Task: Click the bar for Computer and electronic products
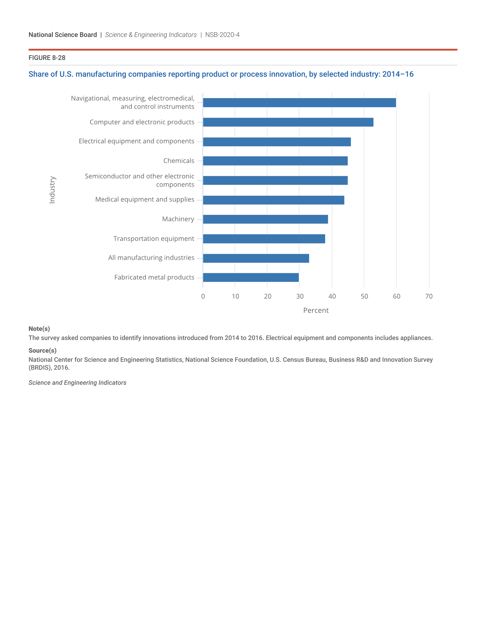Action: click(x=288, y=122)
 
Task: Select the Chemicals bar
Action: click(x=275, y=161)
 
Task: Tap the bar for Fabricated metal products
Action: click(x=250, y=277)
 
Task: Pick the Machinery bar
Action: click(x=265, y=219)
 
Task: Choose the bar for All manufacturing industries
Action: click(x=256, y=258)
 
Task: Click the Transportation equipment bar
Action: click(x=264, y=239)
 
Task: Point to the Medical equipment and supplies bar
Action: click(x=273, y=200)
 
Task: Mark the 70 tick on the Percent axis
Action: click(x=429, y=296)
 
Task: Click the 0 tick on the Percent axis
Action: click(x=203, y=296)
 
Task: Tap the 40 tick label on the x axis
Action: click(x=332, y=296)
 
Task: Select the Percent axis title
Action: click(x=316, y=310)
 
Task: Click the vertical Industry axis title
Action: click(x=52, y=190)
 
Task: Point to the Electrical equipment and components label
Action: click(x=136, y=141)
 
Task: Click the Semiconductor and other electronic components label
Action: click(x=140, y=180)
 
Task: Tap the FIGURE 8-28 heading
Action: click(x=47, y=58)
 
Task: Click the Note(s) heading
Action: click(x=39, y=329)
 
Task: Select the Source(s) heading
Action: click(x=42, y=351)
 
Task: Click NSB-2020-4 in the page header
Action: click(x=222, y=35)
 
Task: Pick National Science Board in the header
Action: click(x=63, y=35)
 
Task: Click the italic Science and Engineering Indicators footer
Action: click(x=77, y=383)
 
